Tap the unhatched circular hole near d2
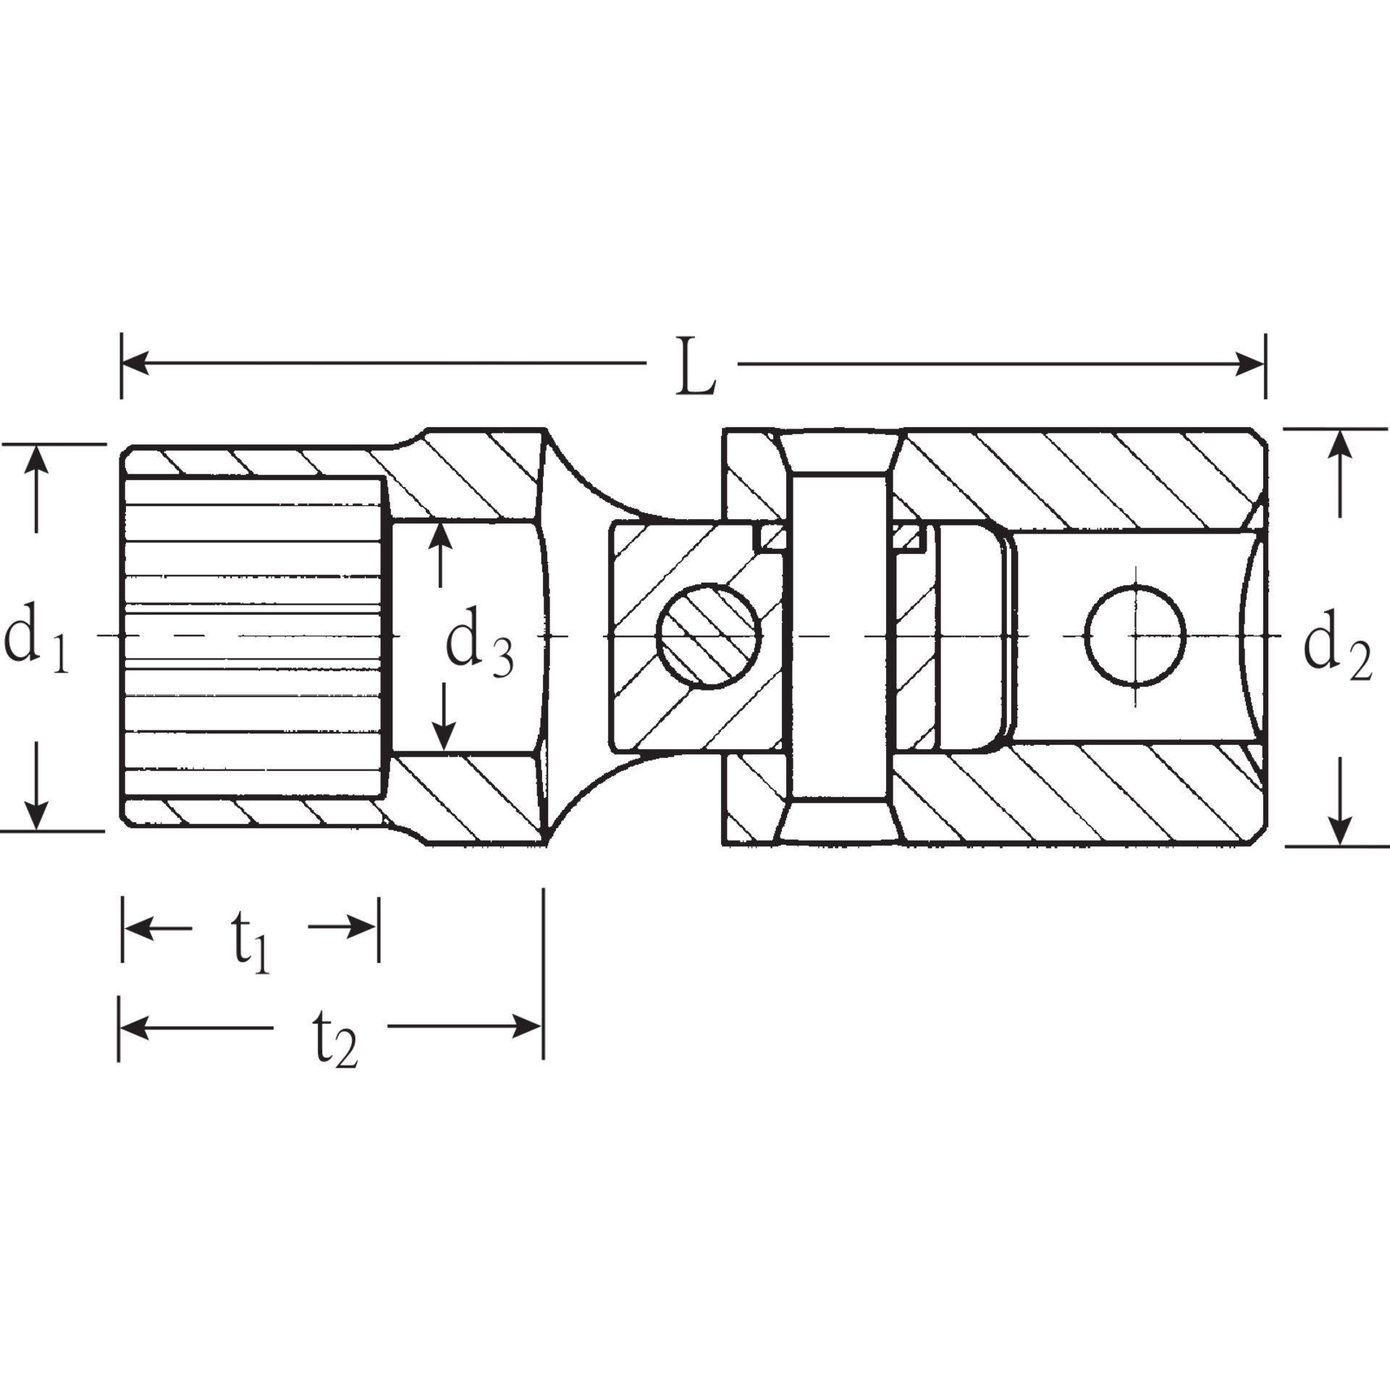click(1135, 635)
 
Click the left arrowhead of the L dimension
click(135, 364)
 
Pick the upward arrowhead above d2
click(1341, 443)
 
